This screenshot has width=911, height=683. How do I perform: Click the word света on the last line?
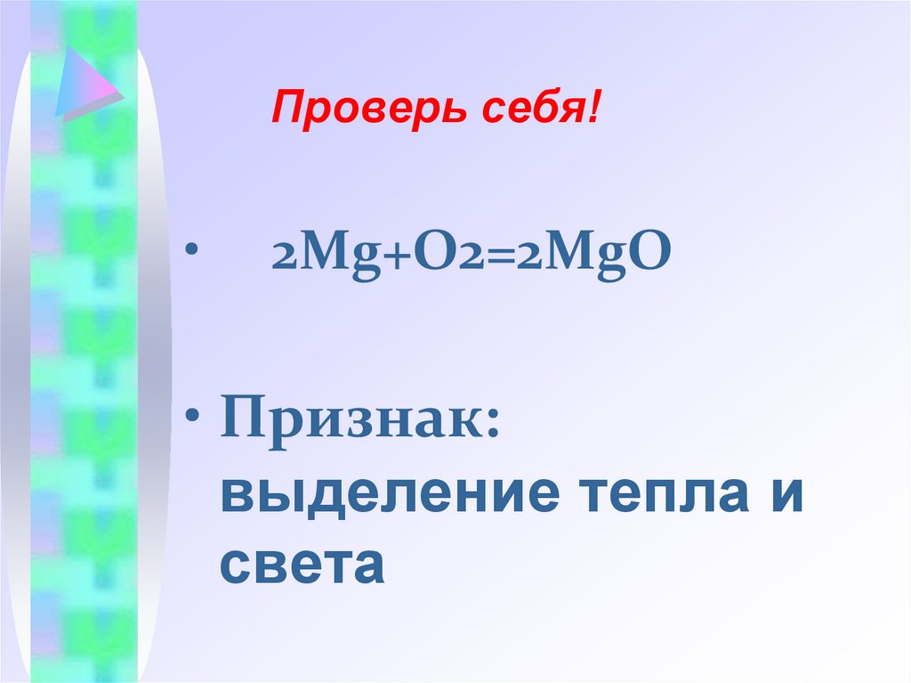[x=302, y=565]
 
